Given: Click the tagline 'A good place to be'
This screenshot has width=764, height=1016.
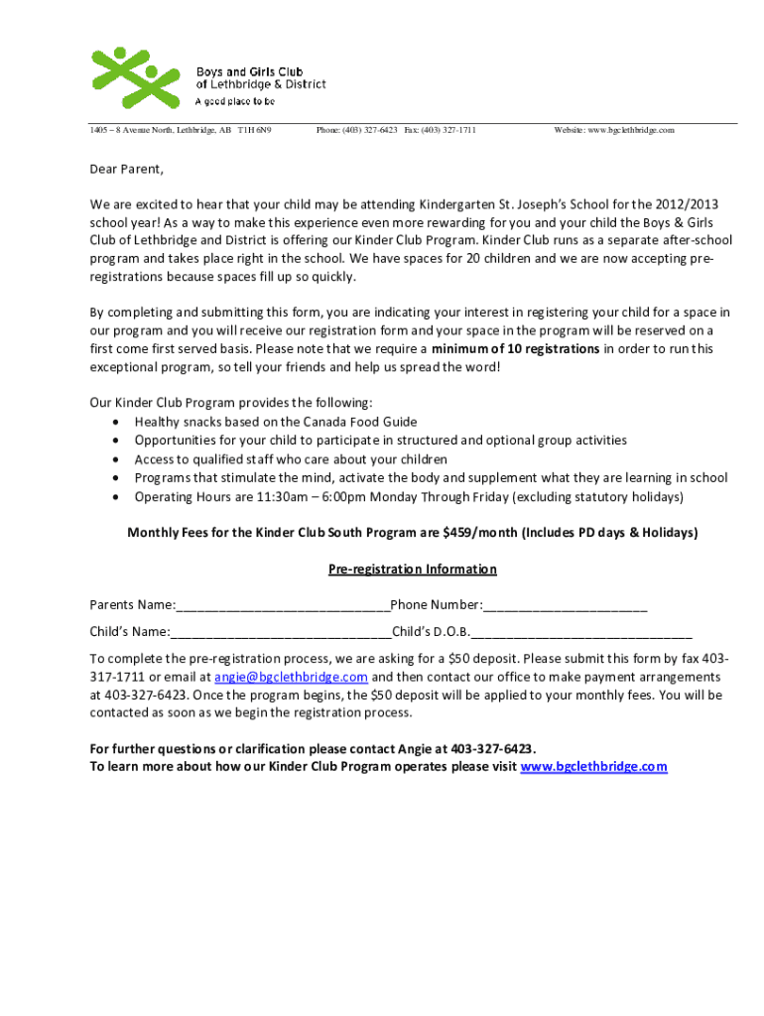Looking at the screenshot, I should pyautogui.click(x=235, y=101).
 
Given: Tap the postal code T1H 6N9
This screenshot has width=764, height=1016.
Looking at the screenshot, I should pyautogui.click(x=254, y=130).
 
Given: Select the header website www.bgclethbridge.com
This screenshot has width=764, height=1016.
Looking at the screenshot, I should pyautogui.click(x=614, y=130).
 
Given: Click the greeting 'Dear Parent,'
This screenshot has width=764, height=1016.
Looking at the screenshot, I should pyautogui.click(x=126, y=169).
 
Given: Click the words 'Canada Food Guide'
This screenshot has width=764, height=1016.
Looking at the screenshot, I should pyautogui.click(x=358, y=422).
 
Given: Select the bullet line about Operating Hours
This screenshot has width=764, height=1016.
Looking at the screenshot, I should pyautogui.click(x=409, y=497).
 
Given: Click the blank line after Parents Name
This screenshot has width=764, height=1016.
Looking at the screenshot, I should pyautogui.click(x=283, y=607).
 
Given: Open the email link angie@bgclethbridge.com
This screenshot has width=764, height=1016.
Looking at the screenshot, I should pyautogui.click(x=292, y=677).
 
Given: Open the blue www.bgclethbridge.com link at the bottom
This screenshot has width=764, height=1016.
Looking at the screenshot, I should pyautogui.click(x=593, y=767).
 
